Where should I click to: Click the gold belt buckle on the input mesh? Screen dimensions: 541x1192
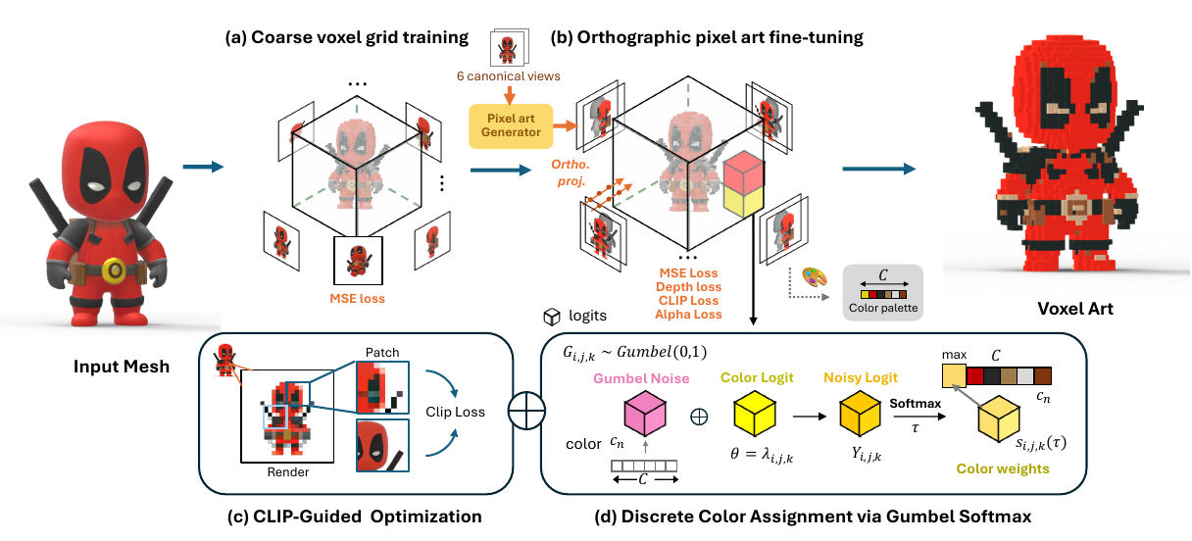pos(116,268)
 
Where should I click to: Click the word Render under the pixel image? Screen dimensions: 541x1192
pos(289,472)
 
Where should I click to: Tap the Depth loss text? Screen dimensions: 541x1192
pos(688,286)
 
